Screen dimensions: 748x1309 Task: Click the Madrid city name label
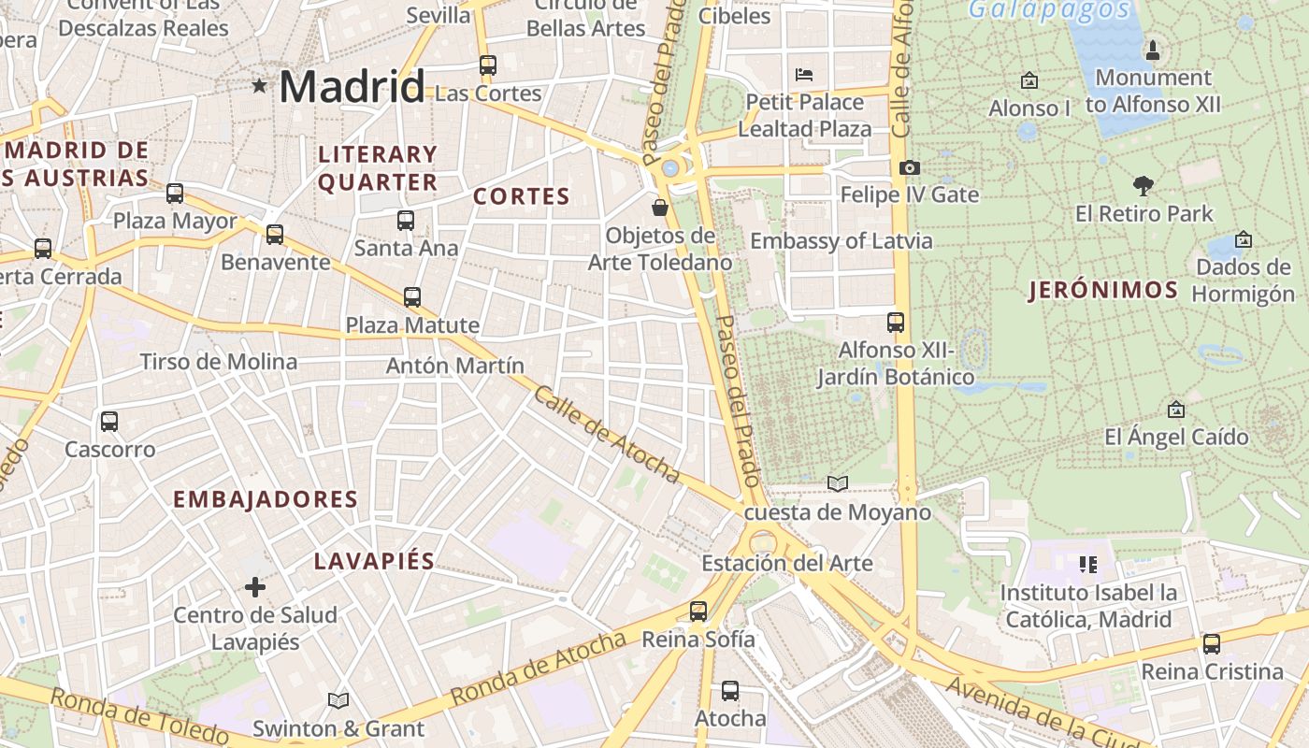click(x=352, y=87)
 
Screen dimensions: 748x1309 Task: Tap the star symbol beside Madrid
click(x=259, y=86)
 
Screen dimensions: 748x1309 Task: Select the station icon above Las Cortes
click(x=488, y=65)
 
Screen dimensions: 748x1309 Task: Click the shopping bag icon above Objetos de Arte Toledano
click(x=660, y=208)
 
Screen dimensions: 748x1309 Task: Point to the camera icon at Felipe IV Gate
click(x=909, y=167)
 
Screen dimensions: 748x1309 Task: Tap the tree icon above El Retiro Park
click(x=1143, y=185)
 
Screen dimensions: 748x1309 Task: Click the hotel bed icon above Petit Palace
click(x=804, y=74)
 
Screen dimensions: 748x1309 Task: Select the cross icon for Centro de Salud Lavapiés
click(x=255, y=587)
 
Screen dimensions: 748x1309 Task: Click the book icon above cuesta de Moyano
click(x=838, y=483)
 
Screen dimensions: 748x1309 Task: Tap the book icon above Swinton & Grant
click(x=338, y=700)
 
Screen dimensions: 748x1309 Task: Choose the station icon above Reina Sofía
click(x=698, y=611)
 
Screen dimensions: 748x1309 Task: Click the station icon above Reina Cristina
click(x=1212, y=644)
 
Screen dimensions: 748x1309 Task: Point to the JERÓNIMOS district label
click(x=1103, y=290)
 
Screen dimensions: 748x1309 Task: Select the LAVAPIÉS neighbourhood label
click(x=374, y=561)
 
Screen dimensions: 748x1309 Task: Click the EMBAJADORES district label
click(x=266, y=499)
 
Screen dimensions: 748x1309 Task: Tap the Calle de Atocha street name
click(x=607, y=435)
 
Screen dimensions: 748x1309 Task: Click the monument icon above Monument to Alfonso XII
click(x=1153, y=50)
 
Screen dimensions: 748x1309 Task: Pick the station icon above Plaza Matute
click(x=412, y=297)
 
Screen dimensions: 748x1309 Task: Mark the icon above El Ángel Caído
click(x=1176, y=410)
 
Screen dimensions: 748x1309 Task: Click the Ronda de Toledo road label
click(x=140, y=718)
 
